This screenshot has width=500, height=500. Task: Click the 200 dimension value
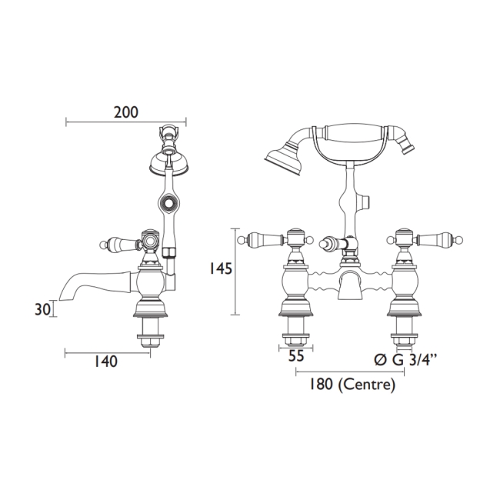point(126,112)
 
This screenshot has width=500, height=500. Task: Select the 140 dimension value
point(105,362)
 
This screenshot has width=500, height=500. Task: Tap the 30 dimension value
point(43,309)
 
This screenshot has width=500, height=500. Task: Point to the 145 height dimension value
point(220,268)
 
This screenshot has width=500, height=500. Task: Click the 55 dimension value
point(296,356)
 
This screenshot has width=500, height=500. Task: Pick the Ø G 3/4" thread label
point(405,361)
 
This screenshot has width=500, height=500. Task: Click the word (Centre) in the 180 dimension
point(366,385)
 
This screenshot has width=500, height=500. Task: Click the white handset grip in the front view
point(356,132)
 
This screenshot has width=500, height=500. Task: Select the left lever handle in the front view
point(261,238)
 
